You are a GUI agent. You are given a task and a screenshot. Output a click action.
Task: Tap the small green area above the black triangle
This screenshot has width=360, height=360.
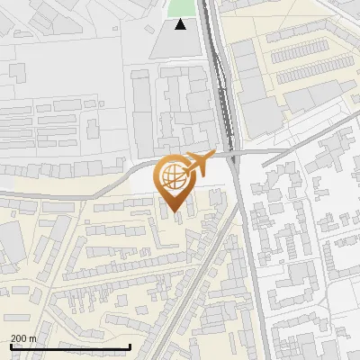[x=180, y=8]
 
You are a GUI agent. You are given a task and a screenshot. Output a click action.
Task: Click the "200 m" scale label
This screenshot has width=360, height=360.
[x=23, y=337]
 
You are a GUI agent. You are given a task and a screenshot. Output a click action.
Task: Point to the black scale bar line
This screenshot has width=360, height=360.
[x=69, y=346]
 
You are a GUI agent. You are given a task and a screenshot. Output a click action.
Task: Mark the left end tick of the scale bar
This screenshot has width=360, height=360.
[x=10, y=346]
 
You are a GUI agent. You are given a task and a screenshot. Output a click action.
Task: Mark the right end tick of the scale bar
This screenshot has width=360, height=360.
[x=130, y=346]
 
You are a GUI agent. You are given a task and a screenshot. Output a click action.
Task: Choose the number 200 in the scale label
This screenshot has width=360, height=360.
[x=19, y=337]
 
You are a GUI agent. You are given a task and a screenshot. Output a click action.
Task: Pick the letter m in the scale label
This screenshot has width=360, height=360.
[x=33, y=337]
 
